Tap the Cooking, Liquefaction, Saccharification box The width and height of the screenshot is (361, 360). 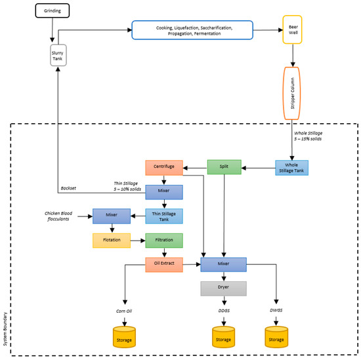tap(192, 30)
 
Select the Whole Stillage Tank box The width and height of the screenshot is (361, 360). tap(291, 168)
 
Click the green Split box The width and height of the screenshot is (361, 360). tap(224, 168)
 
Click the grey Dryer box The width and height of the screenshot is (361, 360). tap(224, 289)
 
